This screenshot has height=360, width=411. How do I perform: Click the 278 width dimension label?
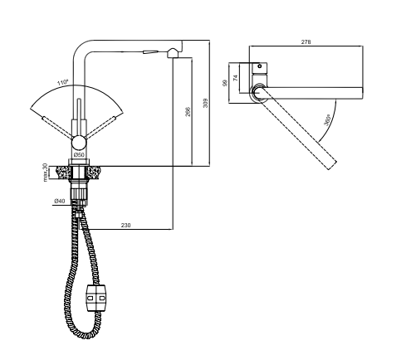point(306,42)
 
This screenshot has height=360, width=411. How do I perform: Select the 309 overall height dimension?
point(205,103)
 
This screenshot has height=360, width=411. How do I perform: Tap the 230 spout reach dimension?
point(125,226)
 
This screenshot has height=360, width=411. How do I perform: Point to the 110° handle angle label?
point(63,82)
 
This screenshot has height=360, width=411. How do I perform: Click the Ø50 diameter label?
point(79,155)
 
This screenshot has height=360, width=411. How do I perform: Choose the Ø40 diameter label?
point(60,201)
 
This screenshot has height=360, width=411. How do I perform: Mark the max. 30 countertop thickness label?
point(45,173)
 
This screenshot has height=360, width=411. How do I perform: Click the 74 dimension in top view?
point(236,78)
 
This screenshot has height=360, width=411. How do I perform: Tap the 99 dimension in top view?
point(225,83)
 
